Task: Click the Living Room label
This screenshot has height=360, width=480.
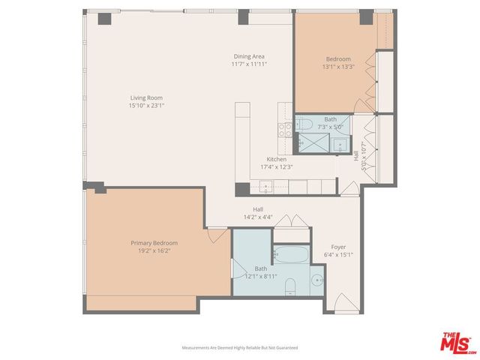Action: point(146,97)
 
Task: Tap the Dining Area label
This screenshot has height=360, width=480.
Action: point(248,56)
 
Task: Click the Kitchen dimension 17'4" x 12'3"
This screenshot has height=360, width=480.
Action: point(277,166)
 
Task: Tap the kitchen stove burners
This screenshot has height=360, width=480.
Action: point(285,127)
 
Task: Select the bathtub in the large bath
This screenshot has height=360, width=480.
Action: point(289,256)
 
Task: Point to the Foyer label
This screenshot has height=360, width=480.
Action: point(338,247)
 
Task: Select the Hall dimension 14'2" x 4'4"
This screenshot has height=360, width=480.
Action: point(257,217)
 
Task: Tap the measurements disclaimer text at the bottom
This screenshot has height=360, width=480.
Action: point(240,348)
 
